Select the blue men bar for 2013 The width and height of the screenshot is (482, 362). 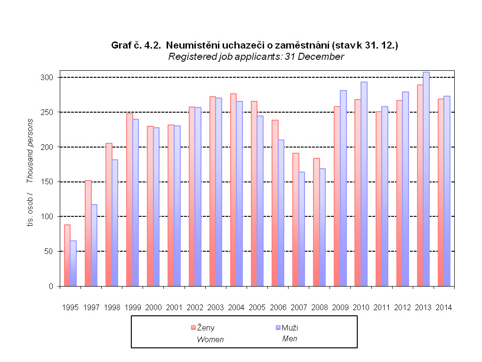click(x=426, y=179)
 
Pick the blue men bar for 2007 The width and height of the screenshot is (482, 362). click(x=302, y=229)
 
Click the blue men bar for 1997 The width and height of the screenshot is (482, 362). click(x=94, y=245)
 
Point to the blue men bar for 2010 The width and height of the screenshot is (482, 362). click(x=364, y=184)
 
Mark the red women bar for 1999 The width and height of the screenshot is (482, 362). click(x=129, y=200)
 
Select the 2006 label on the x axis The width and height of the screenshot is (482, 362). click(x=278, y=307)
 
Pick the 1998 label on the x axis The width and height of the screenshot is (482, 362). click(x=112, y=307)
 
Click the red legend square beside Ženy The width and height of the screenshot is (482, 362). click(x=193, y=327)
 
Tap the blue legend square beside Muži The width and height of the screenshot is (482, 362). click(x=278, y=327)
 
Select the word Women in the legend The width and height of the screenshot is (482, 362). click(x=210, y=339)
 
